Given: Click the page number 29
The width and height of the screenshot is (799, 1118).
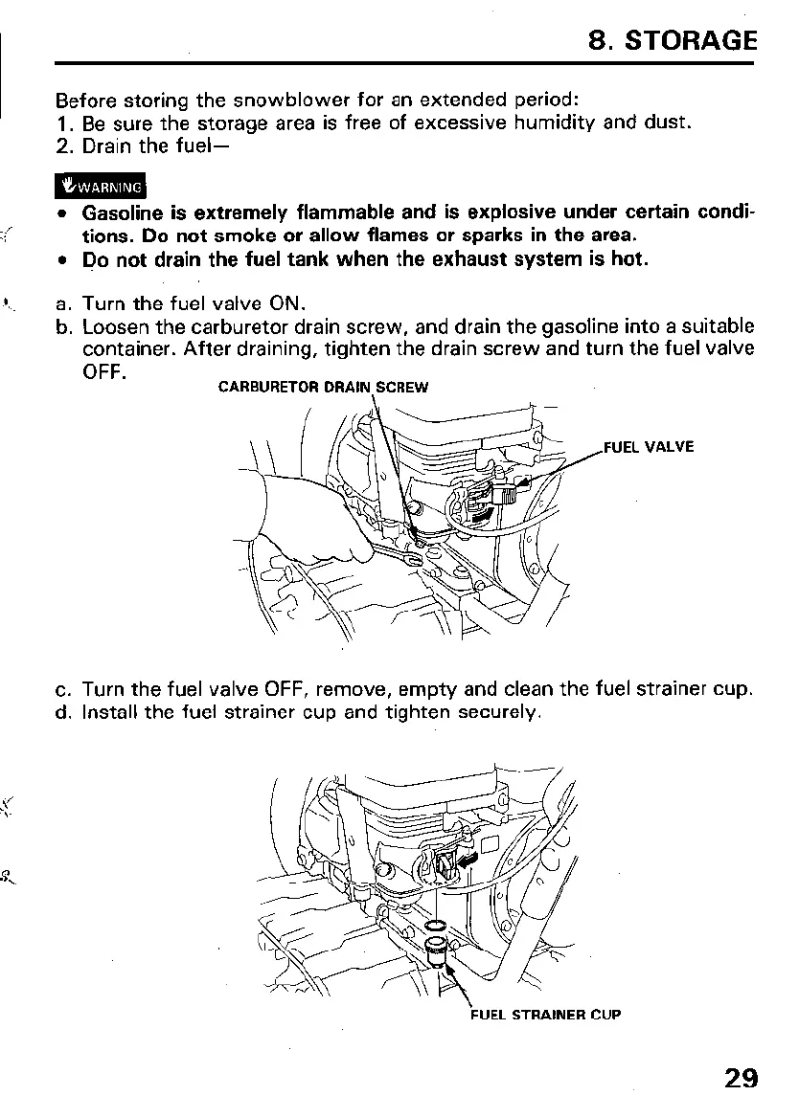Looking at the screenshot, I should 741,1078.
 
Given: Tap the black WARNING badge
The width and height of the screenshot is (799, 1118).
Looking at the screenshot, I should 100,187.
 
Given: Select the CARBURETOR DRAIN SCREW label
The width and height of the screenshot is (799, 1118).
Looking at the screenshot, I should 324,388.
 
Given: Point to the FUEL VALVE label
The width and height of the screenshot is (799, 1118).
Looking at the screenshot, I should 649,446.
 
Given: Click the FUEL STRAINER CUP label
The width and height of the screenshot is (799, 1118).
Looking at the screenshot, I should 545,1014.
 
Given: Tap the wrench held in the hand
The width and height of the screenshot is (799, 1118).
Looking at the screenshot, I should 402,555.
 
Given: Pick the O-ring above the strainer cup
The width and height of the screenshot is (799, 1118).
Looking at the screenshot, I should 434,926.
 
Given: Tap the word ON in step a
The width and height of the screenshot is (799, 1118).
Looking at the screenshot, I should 286,304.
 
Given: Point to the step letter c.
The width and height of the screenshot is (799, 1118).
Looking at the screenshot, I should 63,689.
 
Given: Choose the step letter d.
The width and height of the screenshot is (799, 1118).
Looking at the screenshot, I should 63,712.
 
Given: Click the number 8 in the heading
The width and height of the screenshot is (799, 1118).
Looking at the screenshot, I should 599,40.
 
